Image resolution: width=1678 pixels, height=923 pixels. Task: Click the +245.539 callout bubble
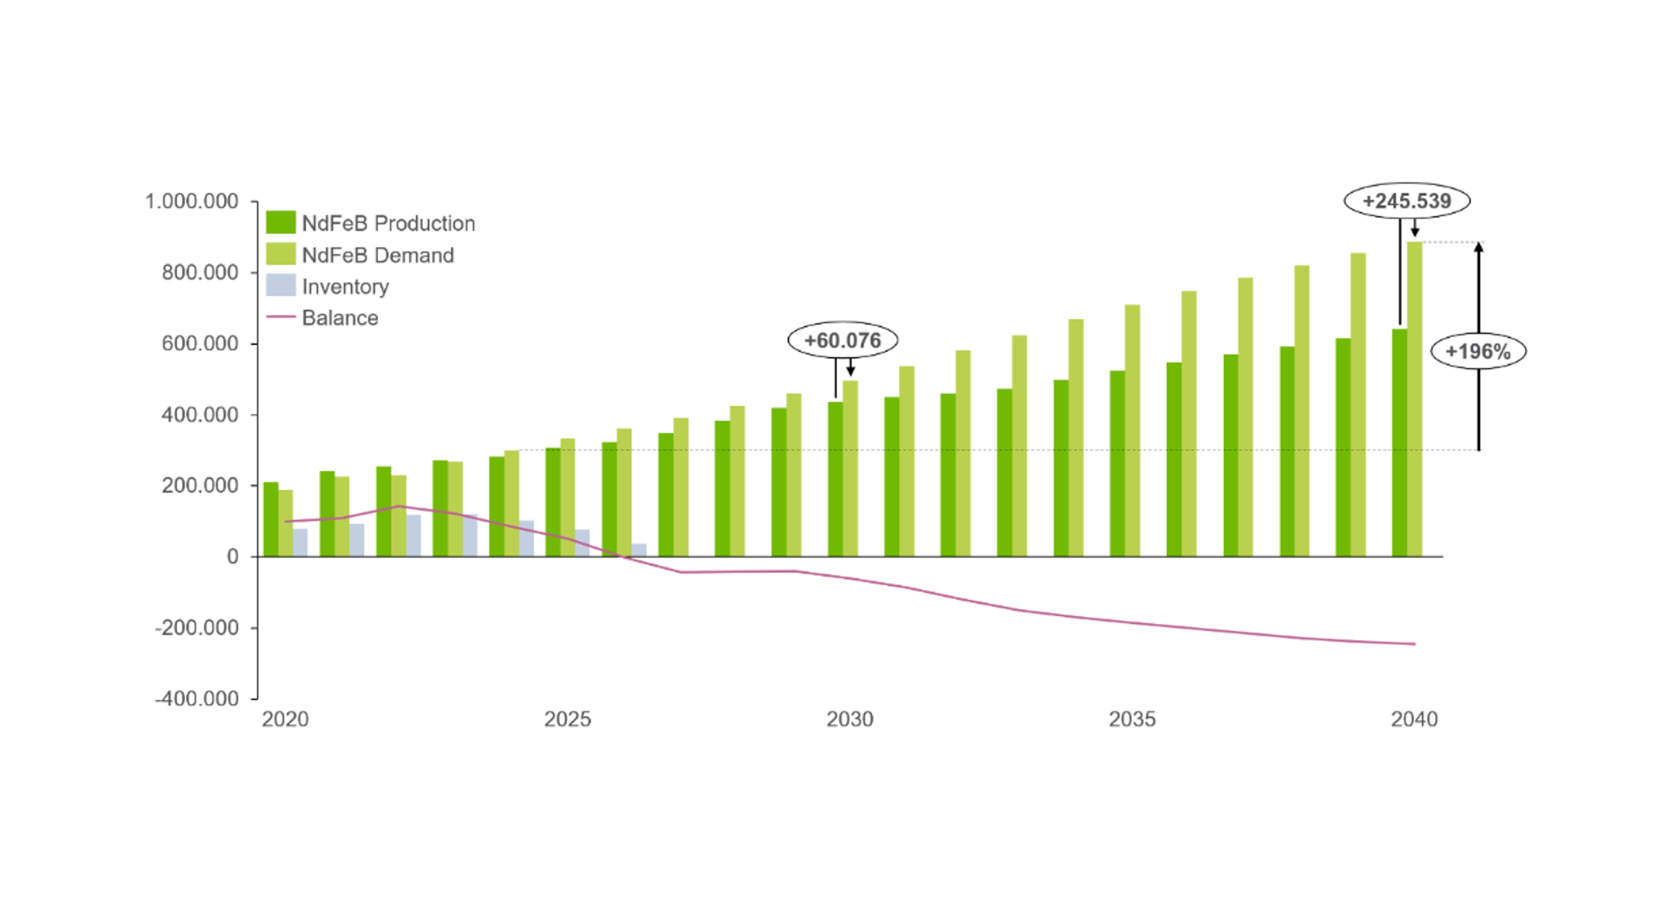[1406, 201]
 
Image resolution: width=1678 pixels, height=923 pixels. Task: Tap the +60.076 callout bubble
[842, 340]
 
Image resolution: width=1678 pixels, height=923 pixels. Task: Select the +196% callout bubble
[1477, 351]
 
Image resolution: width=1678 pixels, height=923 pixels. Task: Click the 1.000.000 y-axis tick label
[192, 201]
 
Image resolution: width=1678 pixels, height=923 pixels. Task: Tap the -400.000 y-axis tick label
[197, 698]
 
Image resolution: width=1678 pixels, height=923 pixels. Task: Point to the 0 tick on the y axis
[233, 557]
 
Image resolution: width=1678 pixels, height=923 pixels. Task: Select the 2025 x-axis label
[567, 719]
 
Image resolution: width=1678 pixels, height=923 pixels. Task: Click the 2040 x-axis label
[1414, 719]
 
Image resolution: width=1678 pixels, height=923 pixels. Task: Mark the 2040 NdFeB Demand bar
[1414, 400]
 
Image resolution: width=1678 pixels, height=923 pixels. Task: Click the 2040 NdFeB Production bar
[1399, 443]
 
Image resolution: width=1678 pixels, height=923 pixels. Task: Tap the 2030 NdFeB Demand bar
[850, 468]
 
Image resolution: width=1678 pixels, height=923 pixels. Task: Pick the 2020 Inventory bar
[300, 542]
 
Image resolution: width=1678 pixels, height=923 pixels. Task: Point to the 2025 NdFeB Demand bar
[567, 497]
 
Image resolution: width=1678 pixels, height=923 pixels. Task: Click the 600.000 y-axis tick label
[200, 344]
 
